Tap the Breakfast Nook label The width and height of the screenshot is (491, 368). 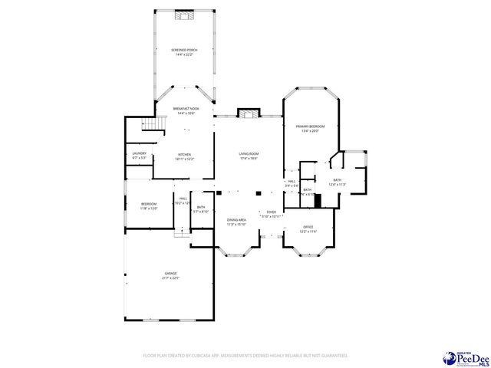(x=185, y=111)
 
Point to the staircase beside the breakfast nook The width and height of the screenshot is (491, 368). (x=156, y=125)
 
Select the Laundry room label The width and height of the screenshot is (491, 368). (x=139, y=156)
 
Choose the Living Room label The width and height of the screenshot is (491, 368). (x=249, y=156)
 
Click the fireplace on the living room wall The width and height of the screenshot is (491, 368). (x=248, y=114)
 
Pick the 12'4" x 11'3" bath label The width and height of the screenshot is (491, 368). (x=338, y=182)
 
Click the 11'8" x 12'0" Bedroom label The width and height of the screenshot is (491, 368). (x=149, y=205)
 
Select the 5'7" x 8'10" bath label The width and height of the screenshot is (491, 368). (x=201, y=209)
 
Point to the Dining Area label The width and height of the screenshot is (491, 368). (x=236, y=222)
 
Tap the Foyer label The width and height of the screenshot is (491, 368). (x=271, y=214)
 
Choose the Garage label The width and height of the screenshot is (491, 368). (x=170, y=275)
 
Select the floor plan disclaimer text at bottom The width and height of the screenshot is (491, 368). (x=245, y=356)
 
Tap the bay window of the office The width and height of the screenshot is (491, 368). (x=308, y=248)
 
